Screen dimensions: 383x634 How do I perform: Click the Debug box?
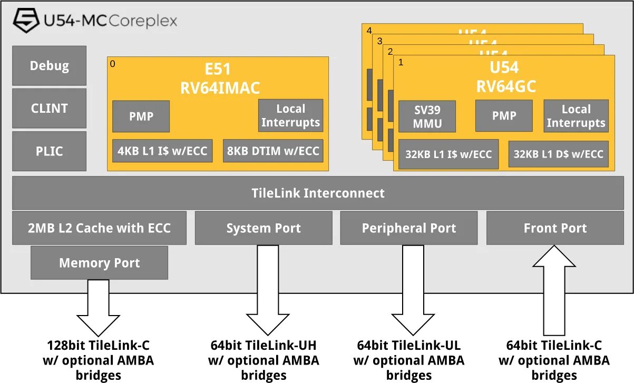coord(49,66)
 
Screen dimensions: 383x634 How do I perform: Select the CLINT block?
coord(49,108)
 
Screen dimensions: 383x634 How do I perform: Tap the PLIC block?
coord(49,151)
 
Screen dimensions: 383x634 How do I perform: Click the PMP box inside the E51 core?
coord(141,116)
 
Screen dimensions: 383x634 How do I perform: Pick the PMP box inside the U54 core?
coord(504,116)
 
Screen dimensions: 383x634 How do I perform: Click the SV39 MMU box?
coord(427,116)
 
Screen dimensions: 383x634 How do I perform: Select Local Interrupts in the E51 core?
coord(290,115)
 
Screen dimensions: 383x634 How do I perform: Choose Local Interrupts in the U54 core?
coord(576,116)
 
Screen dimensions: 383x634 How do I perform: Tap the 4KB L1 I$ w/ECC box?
coord(162,151)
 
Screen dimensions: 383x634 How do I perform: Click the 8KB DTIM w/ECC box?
coord(273,151)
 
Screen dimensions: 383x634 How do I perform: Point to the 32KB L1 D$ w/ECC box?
coord(558,154)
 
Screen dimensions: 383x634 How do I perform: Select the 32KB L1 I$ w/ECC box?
coord(448,154)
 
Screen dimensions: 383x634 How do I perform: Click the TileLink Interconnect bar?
coord(318,193)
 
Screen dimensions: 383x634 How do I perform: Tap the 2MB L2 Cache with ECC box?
coord(99,228)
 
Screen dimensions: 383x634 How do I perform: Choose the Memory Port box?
coord(99,262)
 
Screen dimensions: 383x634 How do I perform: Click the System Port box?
coord(264,228)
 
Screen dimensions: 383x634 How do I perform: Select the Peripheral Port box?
coord(409,228)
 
